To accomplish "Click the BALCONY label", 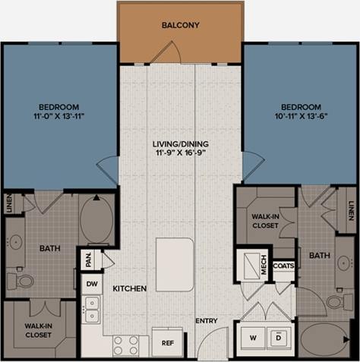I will tap(180, 25).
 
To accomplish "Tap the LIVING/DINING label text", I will tap(179, 144).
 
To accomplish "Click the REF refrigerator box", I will tap(166, 342).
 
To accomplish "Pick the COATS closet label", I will tap(283, 266).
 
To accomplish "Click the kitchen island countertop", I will tap(175, 259).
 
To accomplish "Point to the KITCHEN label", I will tap(129, 289).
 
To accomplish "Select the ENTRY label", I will tap(207, 321).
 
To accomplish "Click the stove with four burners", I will tap(126, 345).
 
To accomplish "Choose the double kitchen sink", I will tap(92, 309).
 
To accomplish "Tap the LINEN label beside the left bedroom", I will tap(9, 203).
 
